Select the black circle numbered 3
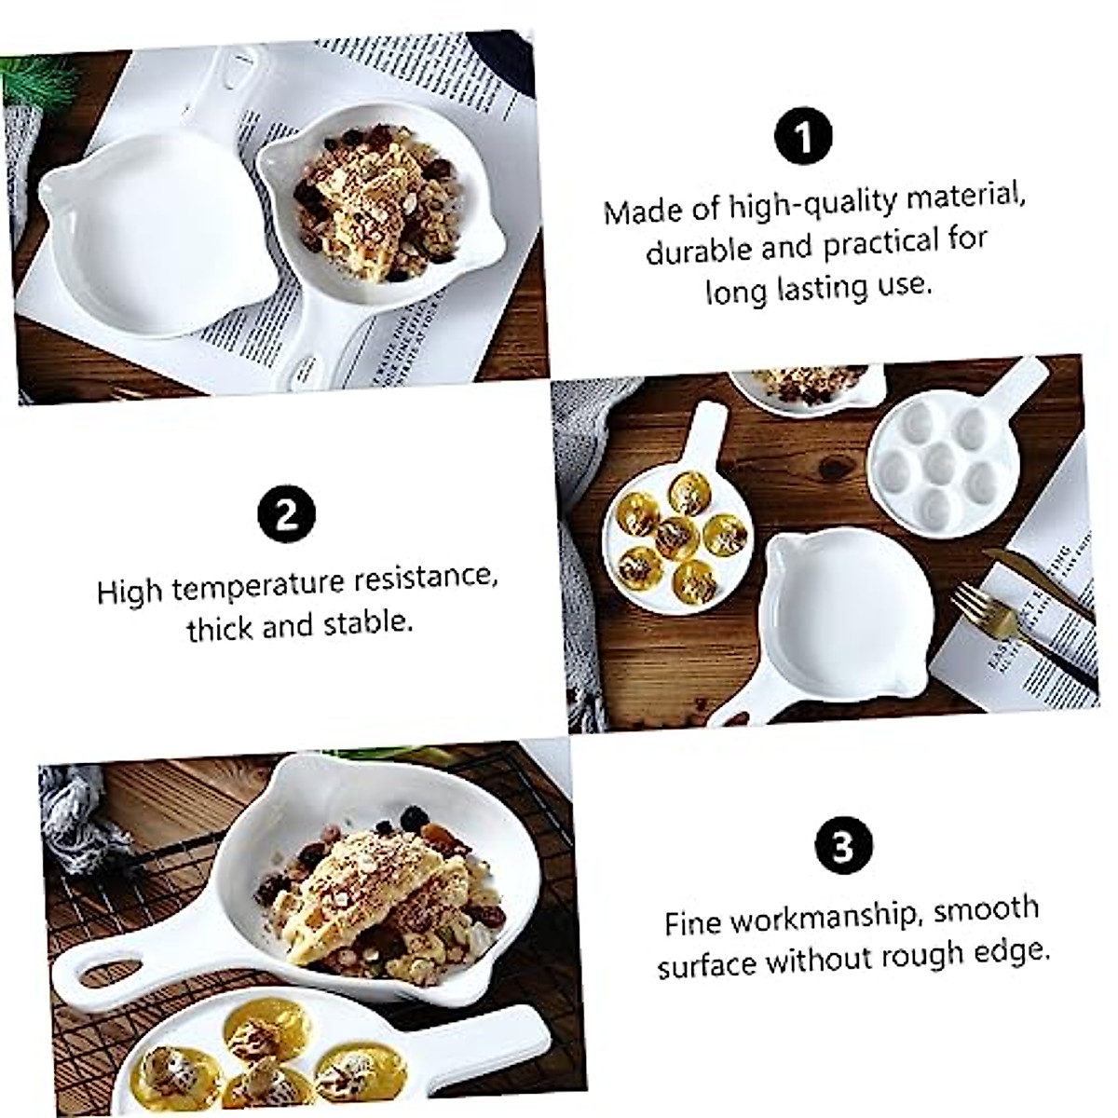842,848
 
